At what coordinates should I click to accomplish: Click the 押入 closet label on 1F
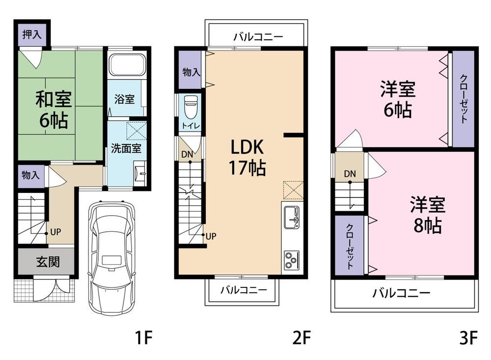[31, 34]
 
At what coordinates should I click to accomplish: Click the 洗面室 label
[126, 148]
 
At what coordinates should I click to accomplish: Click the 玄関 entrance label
[48, 262]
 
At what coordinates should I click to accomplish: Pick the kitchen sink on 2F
[292, 218]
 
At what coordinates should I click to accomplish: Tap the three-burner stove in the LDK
[292, 260]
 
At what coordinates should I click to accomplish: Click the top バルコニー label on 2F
[258, 37]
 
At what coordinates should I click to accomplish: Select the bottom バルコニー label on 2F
[244, 290]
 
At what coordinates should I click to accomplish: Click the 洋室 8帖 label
[428, 215]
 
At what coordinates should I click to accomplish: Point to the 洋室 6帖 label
[398, 99]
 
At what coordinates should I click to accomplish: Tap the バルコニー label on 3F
[401, 293]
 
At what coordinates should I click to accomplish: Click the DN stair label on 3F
[350, 173]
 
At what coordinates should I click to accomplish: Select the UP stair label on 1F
[55, 232]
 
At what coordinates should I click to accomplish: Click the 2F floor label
[301, 338]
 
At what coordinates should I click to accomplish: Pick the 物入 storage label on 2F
[191, 72]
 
